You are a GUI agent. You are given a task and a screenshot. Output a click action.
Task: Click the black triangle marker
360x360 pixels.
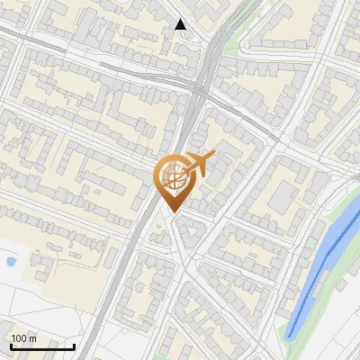click(180, 24)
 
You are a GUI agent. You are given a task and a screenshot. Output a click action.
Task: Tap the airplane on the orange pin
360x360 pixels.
click(196, 164)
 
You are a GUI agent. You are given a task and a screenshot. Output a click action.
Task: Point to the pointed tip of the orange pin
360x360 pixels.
click(171, 211)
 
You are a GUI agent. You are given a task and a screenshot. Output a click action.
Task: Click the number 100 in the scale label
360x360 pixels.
click(20, 338)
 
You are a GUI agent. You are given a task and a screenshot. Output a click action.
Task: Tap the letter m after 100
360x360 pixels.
click(32, 338)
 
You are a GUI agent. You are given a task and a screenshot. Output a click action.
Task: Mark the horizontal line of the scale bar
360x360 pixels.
click(42, 346)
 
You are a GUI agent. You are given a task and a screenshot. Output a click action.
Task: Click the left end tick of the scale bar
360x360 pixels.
click(10, 345)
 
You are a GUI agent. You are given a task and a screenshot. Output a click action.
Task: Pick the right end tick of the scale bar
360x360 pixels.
click(75, 345)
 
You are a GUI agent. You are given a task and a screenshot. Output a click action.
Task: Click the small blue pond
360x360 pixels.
click(11, 262)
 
